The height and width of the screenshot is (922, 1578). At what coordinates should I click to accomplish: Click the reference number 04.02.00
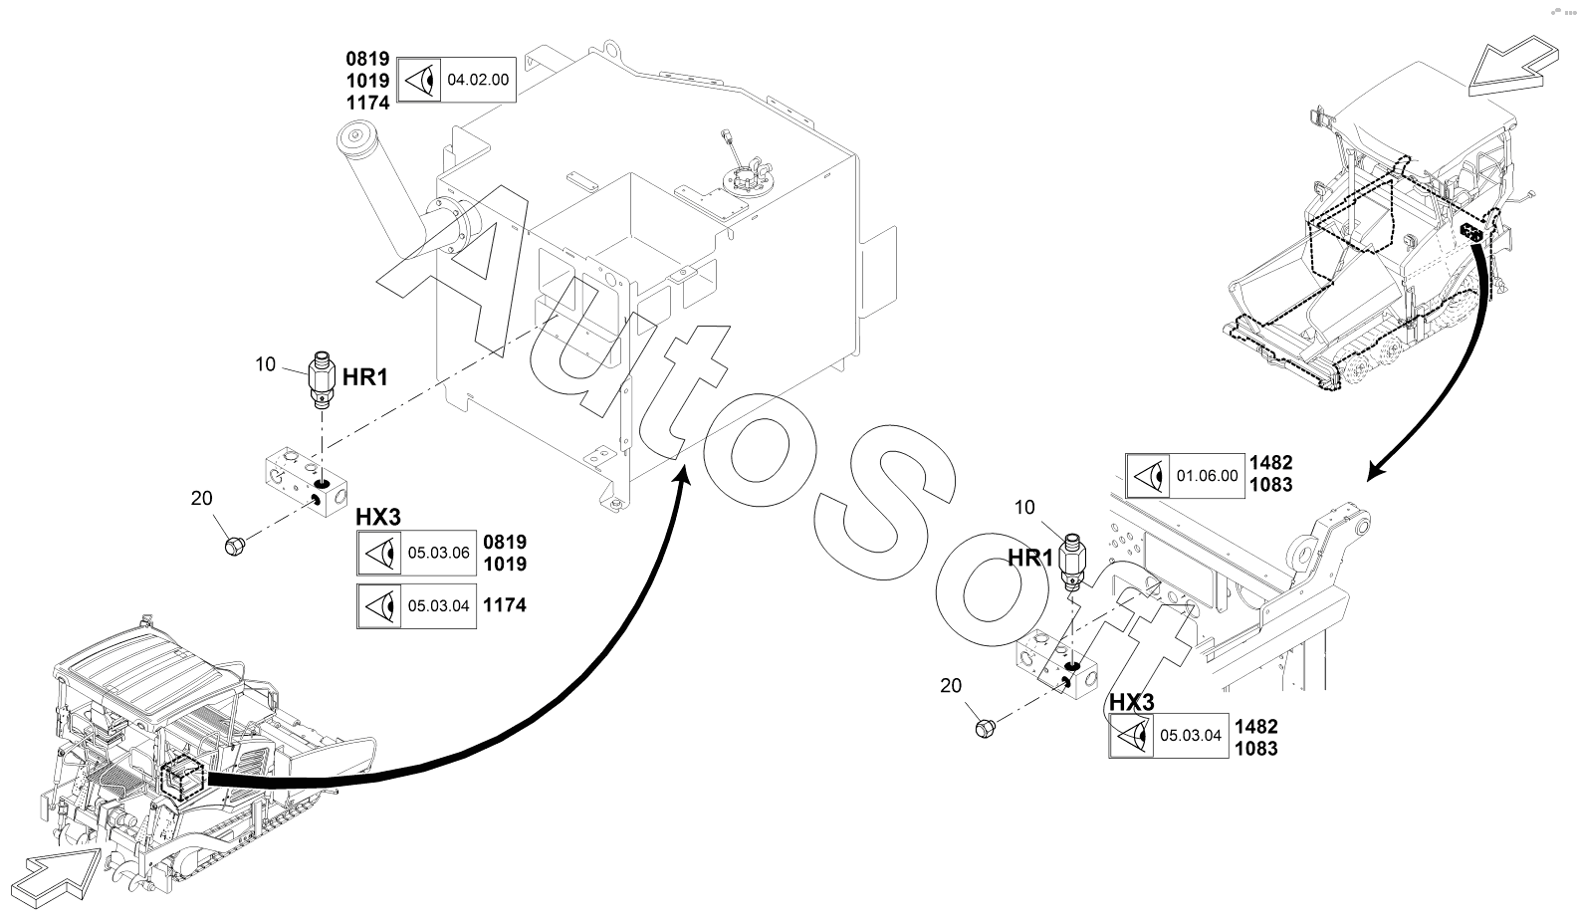pyautogui.click(x=478, y=80)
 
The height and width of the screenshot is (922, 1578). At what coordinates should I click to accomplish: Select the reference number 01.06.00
pyautogui.click(x=1207, y=476)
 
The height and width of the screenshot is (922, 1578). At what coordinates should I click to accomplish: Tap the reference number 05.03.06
pyautogui.click(x=438, y=553)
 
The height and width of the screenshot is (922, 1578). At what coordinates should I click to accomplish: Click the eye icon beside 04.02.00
pyautogui.click(x=419, y=81)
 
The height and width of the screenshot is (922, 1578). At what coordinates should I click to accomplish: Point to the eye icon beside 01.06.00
pyautogui.click(x=1148, y=477)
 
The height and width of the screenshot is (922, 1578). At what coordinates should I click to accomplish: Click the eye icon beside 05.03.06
pyautogui.click(x=379, y=554)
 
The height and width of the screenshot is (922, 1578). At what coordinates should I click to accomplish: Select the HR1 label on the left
pyautogui.click(x=365, y=377)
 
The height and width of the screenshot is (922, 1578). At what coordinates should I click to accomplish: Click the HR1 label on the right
pyautogui.click(x=1029, y=559)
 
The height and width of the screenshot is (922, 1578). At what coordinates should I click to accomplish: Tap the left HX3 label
pyautogui.click(x=377, y=517)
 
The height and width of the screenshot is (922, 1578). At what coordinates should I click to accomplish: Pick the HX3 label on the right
pyautogui.click(x=1132, y=702)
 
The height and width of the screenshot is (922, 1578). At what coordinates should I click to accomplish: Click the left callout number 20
pyautogui.click(x=201, y=499)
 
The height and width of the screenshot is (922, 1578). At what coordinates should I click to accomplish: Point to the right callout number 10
pyautogui.click(x=1024, y=507)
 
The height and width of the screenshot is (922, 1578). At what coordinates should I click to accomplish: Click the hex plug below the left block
pyautogui.click(x=235, y=546)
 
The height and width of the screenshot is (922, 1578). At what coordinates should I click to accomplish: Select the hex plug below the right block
pyautogui.click(x=985, y=728)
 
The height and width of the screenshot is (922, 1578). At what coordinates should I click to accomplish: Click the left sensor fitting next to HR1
pyautogui.click(x=322, y=379)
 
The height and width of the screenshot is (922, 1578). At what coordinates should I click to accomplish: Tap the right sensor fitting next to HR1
pyautogui.click(x=1073, y=562)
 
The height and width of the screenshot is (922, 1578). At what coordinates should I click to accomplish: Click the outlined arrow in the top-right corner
pyautogui.click(x=1513, y=66)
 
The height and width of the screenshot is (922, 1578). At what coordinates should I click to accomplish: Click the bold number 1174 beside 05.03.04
pyautogui.click(x=505, y=605)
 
